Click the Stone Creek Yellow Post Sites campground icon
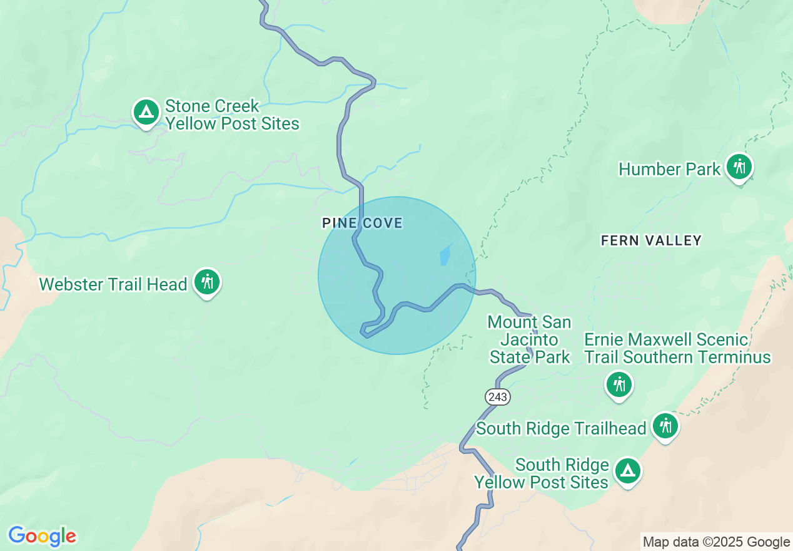(x=146, y=113)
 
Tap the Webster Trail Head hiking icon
(x=206, y=282)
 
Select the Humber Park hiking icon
(x=739, y=167)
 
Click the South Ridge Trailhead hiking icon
(x=665, y=426)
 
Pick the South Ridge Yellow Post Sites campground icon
(x=627, y=471)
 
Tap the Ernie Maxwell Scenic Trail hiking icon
(x=620, y=384)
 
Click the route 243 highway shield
(x=497, y=396)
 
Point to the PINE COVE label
(x=362, y=223)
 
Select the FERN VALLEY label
(x=651, y=240)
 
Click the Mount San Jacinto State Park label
(x=529, y=340)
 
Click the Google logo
(x=42, y=536)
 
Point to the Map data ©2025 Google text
(x=717, y=542)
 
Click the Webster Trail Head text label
(x=113, y=284)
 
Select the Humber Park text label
(x=669, y=169)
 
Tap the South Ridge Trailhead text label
(x=561, y=428)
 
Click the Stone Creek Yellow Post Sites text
(x=232, y=115)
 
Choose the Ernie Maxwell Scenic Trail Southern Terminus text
(x=677, y=348)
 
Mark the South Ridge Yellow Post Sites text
(x=542, y=473)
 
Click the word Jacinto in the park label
(x=530, y=340)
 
